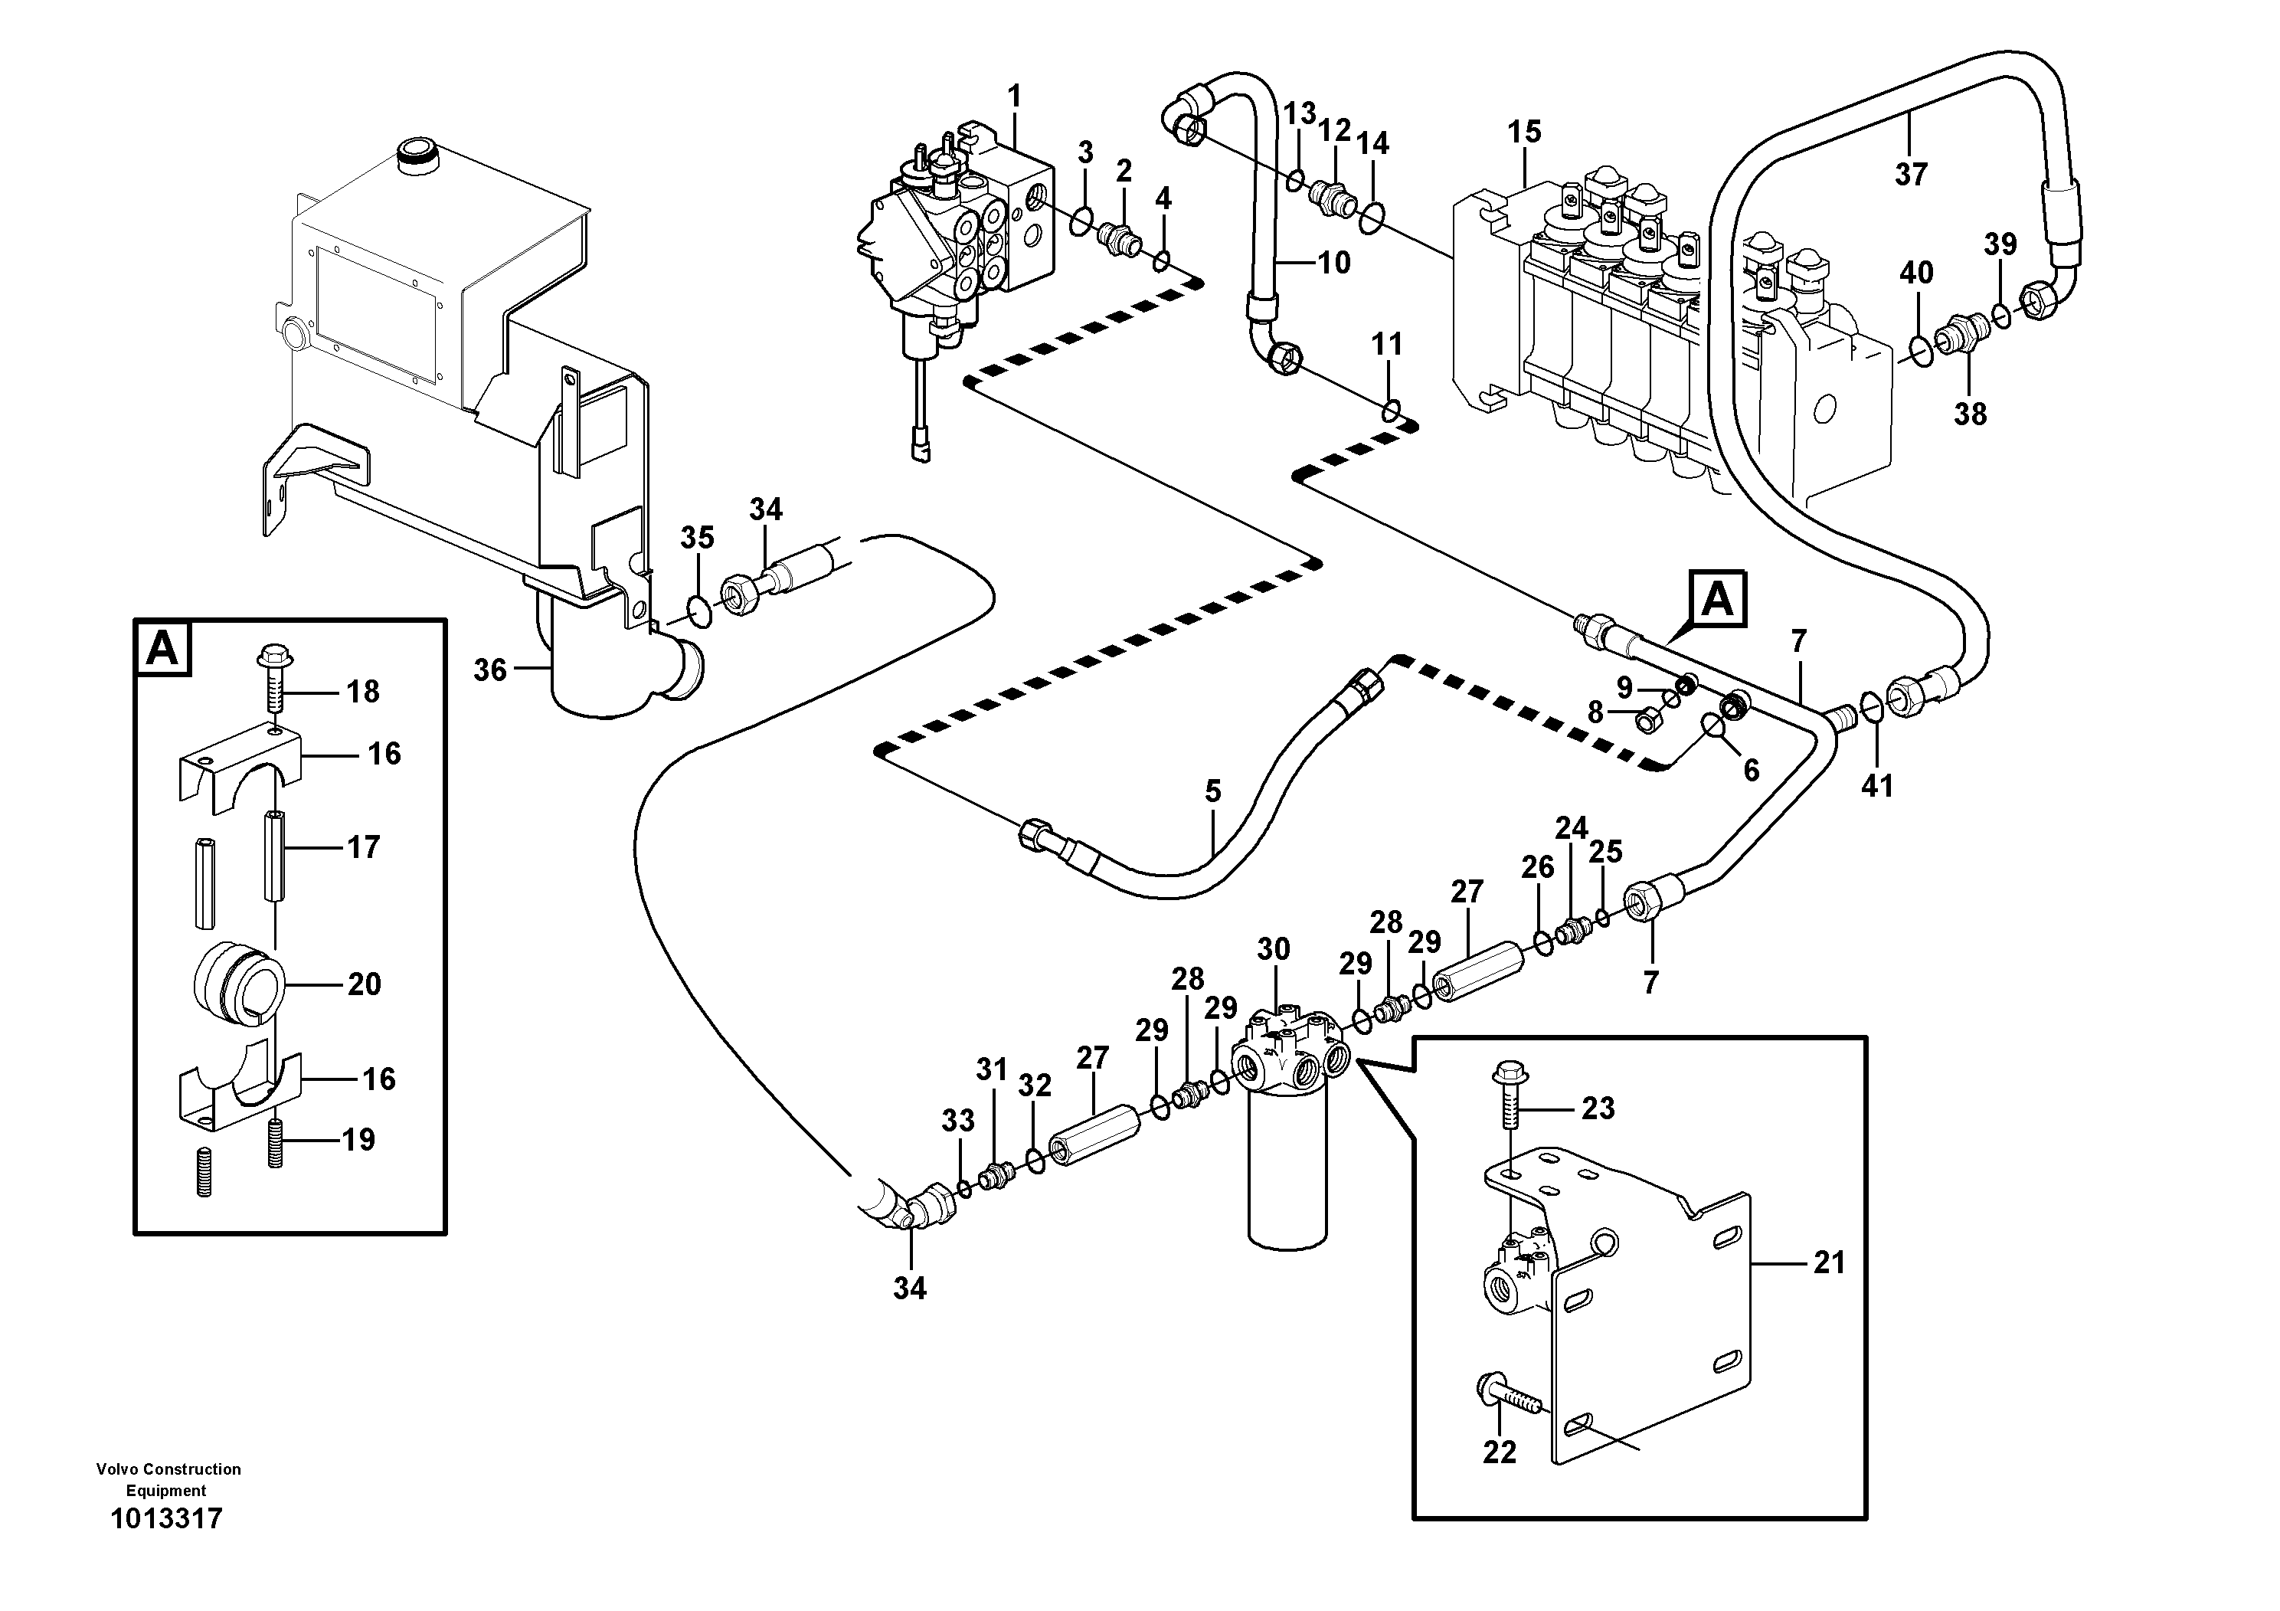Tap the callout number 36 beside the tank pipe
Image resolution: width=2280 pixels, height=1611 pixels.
[x=489, y=670]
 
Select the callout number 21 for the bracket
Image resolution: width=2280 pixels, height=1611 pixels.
[x=1828, y=1262]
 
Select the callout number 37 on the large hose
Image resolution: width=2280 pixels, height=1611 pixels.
[x=1911, y=175]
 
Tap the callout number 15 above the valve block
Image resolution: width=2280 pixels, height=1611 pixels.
[x=1524, y=131]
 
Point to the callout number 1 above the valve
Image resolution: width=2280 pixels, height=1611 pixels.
[x=1014, y=97]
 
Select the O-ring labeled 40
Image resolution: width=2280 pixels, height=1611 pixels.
[x=1921, y=349]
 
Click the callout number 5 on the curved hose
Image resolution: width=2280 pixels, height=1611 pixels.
[x=1212, y=791]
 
